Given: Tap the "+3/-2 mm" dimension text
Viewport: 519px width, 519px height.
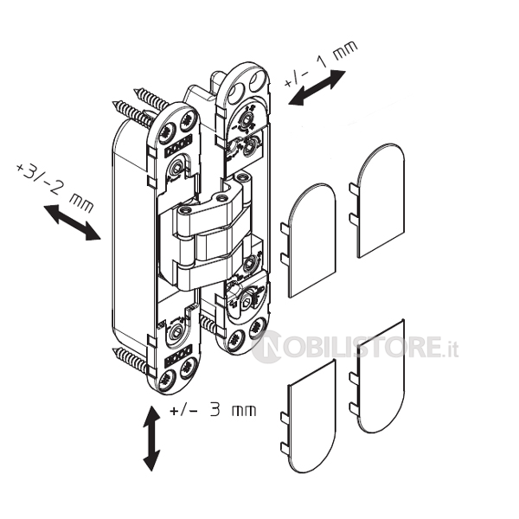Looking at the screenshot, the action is pos(54,188).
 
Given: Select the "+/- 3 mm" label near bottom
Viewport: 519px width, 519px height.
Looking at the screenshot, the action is pos(213,410).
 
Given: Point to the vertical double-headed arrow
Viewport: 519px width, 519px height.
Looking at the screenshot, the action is pos(151,439).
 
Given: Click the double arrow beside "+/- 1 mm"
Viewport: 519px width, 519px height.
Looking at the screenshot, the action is pos(317,88).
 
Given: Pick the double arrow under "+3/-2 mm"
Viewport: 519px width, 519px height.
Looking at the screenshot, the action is pos(72,222).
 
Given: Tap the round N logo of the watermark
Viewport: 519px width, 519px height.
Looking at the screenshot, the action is pos(266,347).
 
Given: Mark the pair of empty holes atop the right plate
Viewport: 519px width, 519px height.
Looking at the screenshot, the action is pos(247,85).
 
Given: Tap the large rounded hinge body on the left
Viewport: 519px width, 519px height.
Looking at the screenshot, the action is pos(132,232).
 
